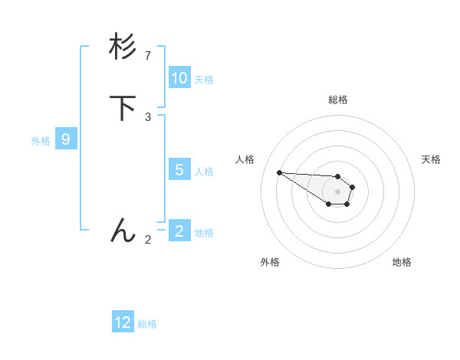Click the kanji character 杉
point(123,47)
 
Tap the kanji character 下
point(123,108)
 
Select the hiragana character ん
point(123,229)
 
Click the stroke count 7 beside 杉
point(148,56)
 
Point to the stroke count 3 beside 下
point(148,116)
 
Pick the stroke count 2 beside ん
point(148,239)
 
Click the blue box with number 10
point(179,78)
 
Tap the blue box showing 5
point(179,170)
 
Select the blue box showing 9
point(66,139)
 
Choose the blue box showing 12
point(123,322)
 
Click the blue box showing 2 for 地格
point(179,231)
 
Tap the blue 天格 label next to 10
point(204,80)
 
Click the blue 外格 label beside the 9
point(41,141)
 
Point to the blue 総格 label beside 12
point(147,324)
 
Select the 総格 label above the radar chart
point(337,100)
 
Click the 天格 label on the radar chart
point(431,159)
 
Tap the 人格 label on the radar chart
point(245,159)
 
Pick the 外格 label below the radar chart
point(270,262)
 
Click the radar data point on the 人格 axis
point(279,172)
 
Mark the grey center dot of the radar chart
point(337,191)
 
